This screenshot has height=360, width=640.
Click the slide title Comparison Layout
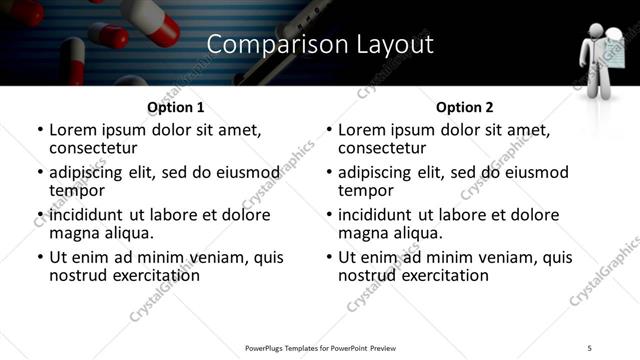coord(320,45)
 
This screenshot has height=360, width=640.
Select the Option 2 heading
coord(465,107)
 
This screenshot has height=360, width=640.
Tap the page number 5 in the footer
coord(590,347)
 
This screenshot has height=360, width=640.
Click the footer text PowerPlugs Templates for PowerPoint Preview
coord(320,347)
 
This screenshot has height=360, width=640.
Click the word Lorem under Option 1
coord(75,130)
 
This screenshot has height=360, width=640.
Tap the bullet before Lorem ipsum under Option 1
coord(39,131)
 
